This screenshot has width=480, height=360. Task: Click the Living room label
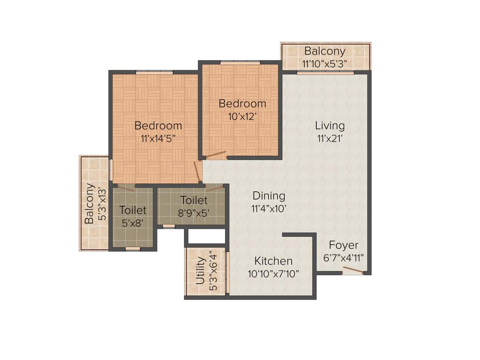click(x=330, y=126)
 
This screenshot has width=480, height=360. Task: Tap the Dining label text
click(x=269, y=196)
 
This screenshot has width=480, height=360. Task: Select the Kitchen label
click(x=273, y=261)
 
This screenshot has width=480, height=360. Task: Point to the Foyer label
click(x=343, y=245)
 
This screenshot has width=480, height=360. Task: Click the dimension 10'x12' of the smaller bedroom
click(x=242, y=117)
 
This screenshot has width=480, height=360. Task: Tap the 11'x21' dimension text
click(x=330, y=138)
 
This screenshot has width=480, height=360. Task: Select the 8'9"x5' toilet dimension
click(x=194, y=212)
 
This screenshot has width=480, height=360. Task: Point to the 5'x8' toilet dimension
click(x=133, y=223)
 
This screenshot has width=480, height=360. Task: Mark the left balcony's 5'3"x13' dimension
click(x=102, y=205)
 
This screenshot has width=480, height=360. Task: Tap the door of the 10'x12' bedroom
click(x=216, y=154)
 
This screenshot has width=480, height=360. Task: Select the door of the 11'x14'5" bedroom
click(x=198, y=172)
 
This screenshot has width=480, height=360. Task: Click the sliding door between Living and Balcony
click(x=325, y=73)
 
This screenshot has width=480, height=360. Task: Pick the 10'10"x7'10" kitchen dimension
click(x=273, y=274)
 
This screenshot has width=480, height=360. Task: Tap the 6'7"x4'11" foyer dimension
click(x=343, y=258)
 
